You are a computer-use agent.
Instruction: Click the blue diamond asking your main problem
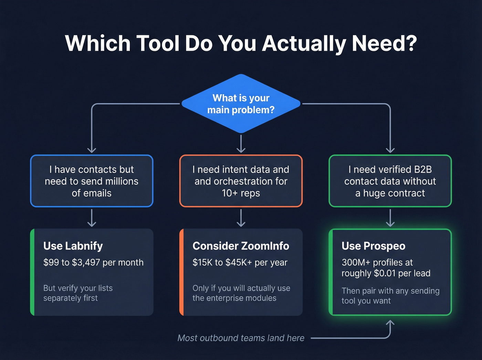point(241,104)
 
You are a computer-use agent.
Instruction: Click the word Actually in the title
point(304,44)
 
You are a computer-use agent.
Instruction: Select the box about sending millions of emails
point(92,181)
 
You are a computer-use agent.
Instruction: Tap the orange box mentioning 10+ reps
point(241,181)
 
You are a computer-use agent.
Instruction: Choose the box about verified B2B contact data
point(390,181)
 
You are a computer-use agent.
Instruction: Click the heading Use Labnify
point(73,246)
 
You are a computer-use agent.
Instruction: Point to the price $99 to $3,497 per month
point(93,263)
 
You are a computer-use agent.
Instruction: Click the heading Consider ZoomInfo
point(241,246)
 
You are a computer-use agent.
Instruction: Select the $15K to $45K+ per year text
point(240,263)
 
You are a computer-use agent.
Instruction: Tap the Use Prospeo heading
point(373,246)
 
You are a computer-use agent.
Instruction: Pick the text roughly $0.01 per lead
point(386,273)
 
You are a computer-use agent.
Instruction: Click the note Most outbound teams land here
point(241,338)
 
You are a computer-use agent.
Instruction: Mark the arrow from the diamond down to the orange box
point(241,144)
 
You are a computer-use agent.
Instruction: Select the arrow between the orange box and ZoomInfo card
point(241,218)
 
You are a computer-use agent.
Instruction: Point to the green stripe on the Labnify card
point(32,272)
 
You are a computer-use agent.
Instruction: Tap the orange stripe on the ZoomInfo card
point(181,272)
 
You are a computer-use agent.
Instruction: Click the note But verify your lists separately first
point(78,293)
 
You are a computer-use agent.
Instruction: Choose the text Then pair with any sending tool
point(390,296)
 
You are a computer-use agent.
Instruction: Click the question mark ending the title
point(411,44)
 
